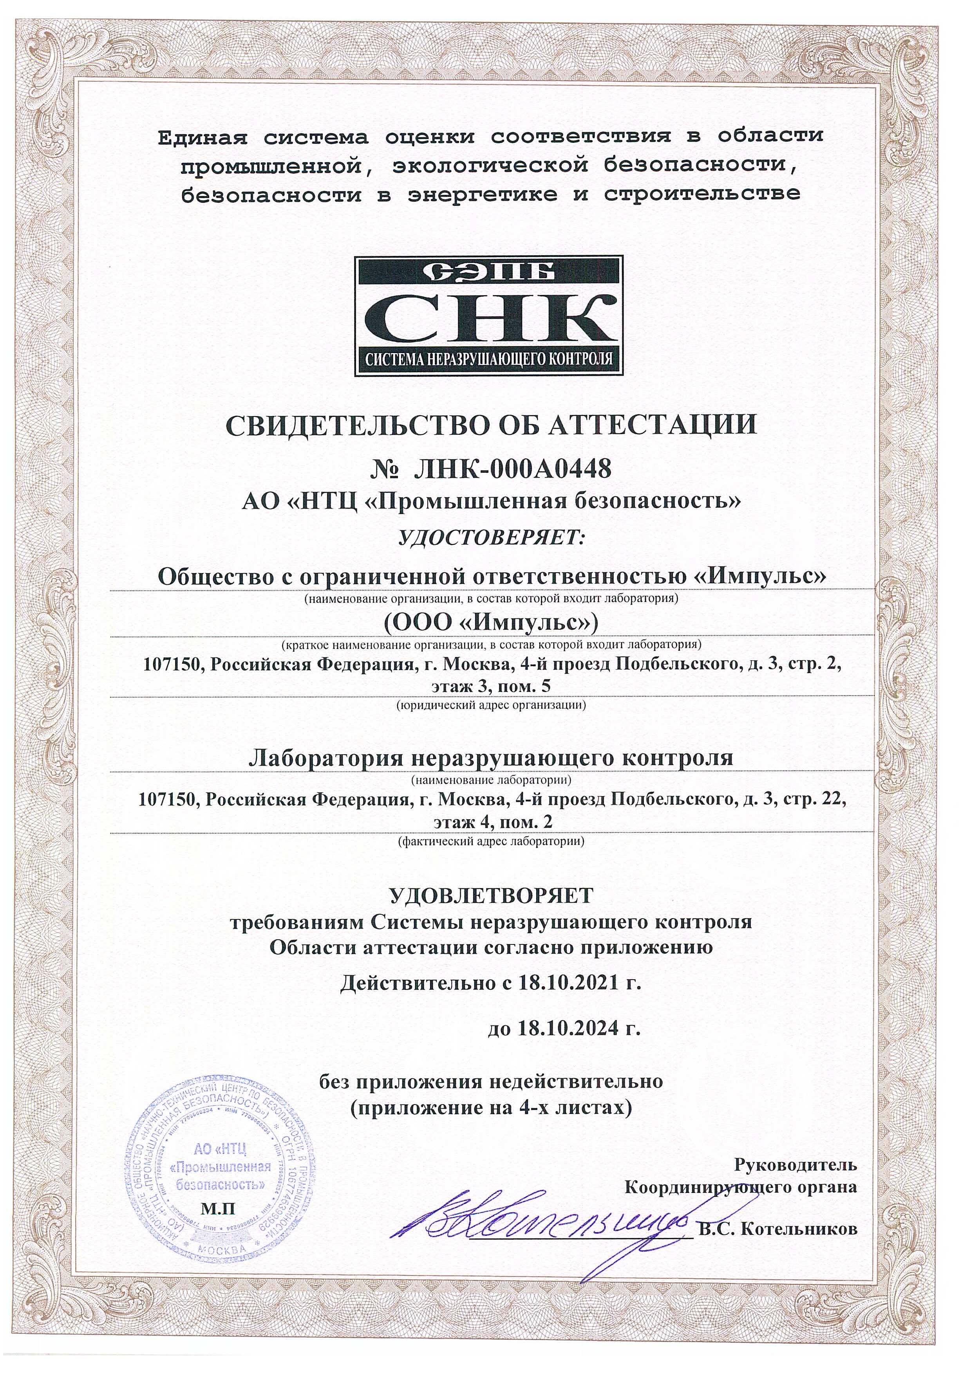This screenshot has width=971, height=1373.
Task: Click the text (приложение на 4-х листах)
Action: point(490,1108)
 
